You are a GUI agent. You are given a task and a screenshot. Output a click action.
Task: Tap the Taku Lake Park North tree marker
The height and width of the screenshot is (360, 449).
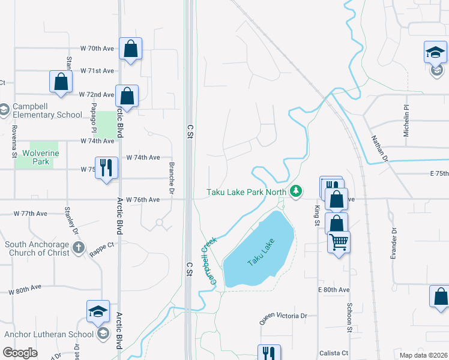[x=295, y=191]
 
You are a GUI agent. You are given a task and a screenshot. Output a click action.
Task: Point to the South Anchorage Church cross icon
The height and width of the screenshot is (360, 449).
[x=78, y=247]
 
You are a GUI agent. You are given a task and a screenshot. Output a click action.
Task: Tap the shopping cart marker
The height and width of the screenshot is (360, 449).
[x=339, y=242]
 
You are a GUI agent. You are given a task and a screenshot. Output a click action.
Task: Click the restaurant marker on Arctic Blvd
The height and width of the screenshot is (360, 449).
[x=106, y=167]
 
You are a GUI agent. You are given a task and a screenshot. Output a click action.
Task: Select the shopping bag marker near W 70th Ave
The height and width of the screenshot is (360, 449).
[x=130, y=49]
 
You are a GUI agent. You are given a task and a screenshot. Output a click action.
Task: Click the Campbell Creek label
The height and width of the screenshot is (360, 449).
[x=206, y=260]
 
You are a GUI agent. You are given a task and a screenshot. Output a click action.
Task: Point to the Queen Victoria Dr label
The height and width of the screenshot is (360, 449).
[x=283, y=316]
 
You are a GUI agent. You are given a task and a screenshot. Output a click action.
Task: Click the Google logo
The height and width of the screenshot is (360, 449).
[x=20, y=353]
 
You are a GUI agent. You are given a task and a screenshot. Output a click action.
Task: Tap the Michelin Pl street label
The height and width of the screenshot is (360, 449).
[x=406, y=121]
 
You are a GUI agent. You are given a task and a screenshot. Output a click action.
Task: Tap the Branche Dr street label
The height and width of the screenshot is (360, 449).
[x=171, y=179]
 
